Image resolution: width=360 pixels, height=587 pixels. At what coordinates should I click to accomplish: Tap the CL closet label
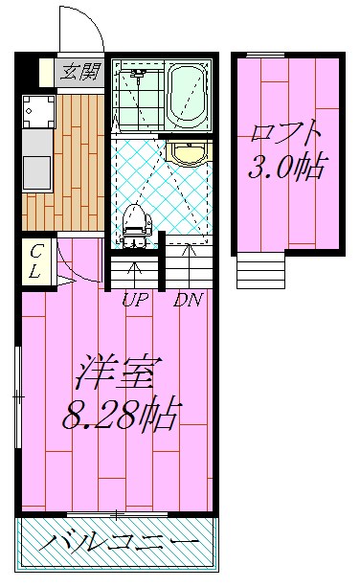[34, 259]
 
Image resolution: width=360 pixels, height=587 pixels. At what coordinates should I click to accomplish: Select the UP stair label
[134, 300]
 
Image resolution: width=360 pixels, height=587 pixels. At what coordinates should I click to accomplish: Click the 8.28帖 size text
[121, 414]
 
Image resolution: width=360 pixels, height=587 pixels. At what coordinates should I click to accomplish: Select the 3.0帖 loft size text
[285, 169]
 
